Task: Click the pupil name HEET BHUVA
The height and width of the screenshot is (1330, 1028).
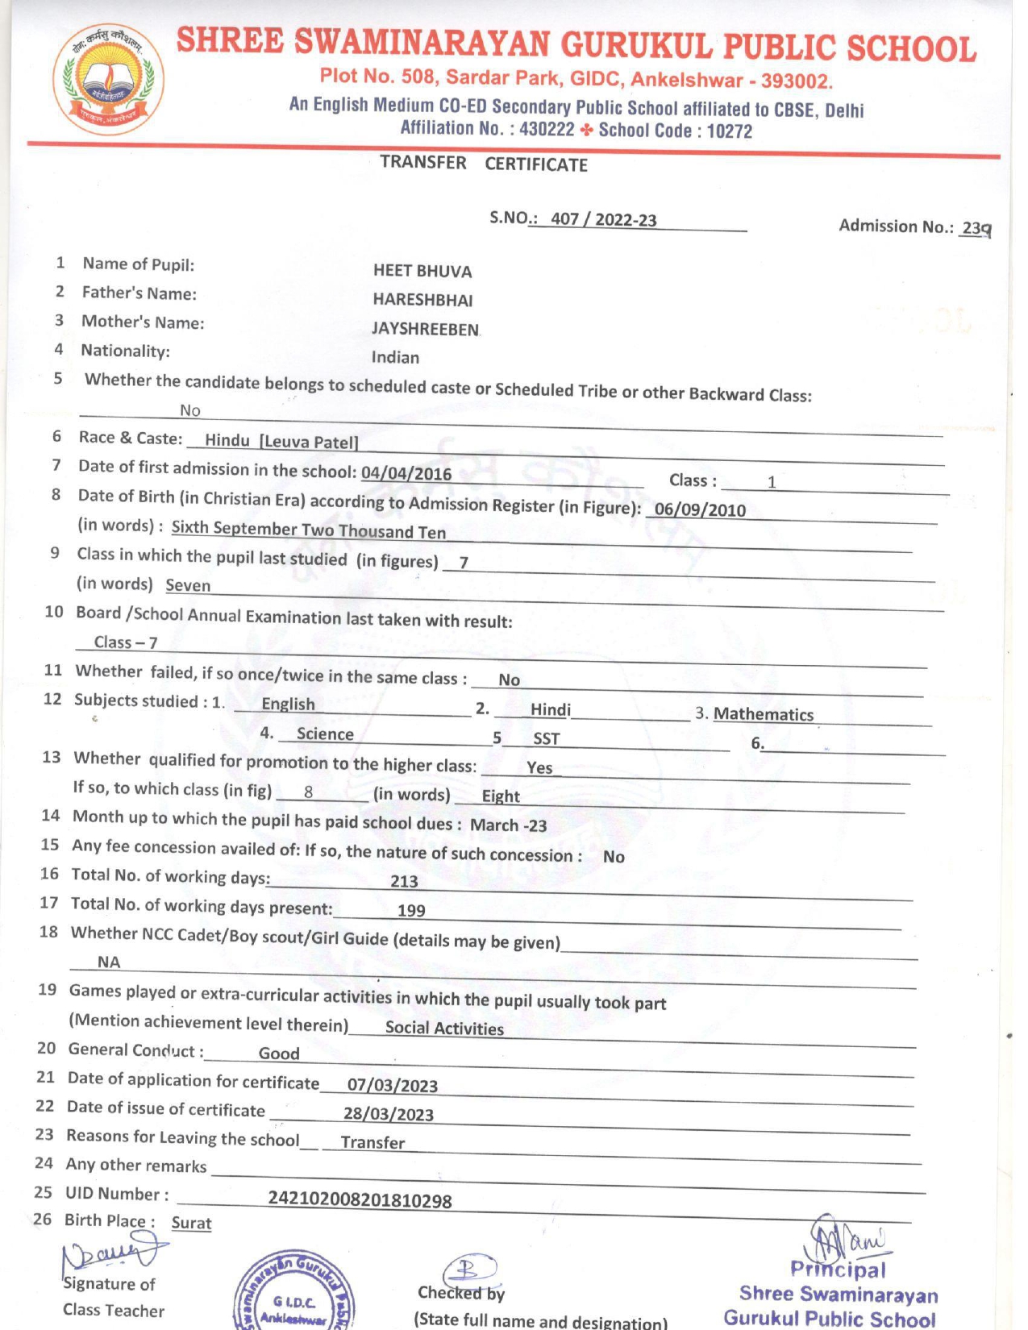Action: [x=422, y=272]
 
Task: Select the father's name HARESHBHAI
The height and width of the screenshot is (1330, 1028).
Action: [x=422, y=300]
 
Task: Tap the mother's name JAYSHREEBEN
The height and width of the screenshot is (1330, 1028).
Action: [x=425, y=329]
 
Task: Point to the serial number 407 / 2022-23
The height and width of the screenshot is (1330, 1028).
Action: [x=603, y=219]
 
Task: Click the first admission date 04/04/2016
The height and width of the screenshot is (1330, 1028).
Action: [x=406, y=473]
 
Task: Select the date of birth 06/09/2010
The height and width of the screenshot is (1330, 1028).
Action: [x=700, y=509]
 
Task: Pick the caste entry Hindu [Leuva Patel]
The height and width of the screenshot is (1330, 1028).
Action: [x=281, y=441]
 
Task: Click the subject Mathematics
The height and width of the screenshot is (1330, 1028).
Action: [x=764, y=714]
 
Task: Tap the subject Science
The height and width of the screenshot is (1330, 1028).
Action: [x=325, y=734]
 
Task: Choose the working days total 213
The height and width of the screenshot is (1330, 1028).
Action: [x=404, y=881]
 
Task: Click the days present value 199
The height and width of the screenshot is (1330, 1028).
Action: [x=411, y=910]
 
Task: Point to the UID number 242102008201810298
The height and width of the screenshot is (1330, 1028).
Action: [x=360, y=1200]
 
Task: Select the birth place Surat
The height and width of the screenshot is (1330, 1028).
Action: [x=191, y=1223]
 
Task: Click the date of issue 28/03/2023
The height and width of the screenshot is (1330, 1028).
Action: [x=389, y=1114]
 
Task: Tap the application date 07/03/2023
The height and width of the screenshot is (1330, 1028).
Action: [x=393, y=1085]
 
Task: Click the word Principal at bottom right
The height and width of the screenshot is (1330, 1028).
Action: [x=838, y=1270]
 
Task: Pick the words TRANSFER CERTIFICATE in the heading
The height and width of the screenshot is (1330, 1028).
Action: [x=484, y=164]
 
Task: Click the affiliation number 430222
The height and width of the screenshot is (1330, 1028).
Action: [x=547, y=129]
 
